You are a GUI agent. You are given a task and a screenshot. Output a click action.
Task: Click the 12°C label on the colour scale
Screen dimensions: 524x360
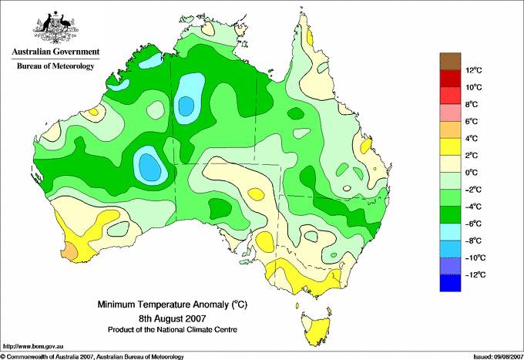coord(474,70)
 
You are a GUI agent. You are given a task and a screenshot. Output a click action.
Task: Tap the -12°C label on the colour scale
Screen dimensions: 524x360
coord(474,274)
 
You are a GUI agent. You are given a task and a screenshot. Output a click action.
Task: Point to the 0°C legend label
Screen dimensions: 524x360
coord(472,173)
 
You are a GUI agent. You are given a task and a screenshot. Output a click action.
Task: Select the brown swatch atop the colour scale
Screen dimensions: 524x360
coord(450,61)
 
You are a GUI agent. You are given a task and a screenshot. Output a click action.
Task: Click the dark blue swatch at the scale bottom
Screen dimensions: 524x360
coord(450,283)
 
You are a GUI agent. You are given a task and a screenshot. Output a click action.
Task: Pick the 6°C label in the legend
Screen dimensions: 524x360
coord(472,121)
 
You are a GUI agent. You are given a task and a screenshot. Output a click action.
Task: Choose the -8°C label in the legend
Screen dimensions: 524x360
coord(473,241)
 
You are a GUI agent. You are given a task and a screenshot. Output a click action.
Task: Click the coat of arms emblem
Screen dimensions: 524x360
coord(55,27)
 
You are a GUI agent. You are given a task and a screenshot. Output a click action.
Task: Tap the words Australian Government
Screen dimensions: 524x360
coord(55,52)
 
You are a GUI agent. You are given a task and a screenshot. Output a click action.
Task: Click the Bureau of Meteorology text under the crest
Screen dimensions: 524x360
coord(55,66)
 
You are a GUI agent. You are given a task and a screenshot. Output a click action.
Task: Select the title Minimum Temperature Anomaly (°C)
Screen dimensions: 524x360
coord(172,304)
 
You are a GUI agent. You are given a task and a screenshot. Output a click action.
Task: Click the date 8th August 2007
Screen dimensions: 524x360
coord(173,318)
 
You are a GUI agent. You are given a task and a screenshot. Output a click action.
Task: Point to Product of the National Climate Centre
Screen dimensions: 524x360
coord(173,330)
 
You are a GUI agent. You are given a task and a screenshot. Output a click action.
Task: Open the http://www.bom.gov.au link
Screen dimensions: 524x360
coord(32,347)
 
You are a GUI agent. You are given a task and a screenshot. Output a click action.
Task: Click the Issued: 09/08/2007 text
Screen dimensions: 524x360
coord(498,357)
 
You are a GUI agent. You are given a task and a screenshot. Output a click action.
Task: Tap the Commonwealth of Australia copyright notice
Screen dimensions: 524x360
coord(92,357)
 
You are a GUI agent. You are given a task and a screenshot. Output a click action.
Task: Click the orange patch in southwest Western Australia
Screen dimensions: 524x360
coord(71,251)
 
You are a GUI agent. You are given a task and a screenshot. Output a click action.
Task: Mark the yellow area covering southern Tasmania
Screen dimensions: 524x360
coord(317,335)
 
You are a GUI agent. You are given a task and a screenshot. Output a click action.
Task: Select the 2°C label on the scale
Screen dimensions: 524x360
coord(472,156)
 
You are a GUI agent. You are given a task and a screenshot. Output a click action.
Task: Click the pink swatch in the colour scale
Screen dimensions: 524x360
coord(450,113)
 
